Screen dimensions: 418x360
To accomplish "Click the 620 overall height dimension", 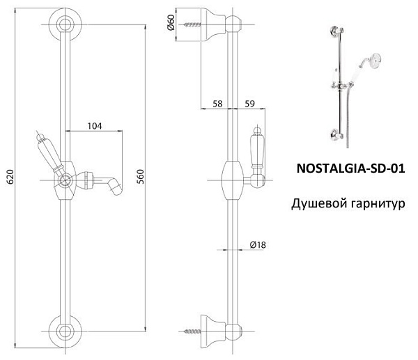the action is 10,177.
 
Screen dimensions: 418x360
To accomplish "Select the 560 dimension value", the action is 140,177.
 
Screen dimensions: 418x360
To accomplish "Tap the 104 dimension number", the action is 95,126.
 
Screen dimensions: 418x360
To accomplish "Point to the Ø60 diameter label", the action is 171,22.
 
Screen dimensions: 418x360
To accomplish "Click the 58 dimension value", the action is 217,104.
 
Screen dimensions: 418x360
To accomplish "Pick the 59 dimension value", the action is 250,104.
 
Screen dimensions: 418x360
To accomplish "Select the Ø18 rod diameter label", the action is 258,244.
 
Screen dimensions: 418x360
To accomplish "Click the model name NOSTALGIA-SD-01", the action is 350,169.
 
